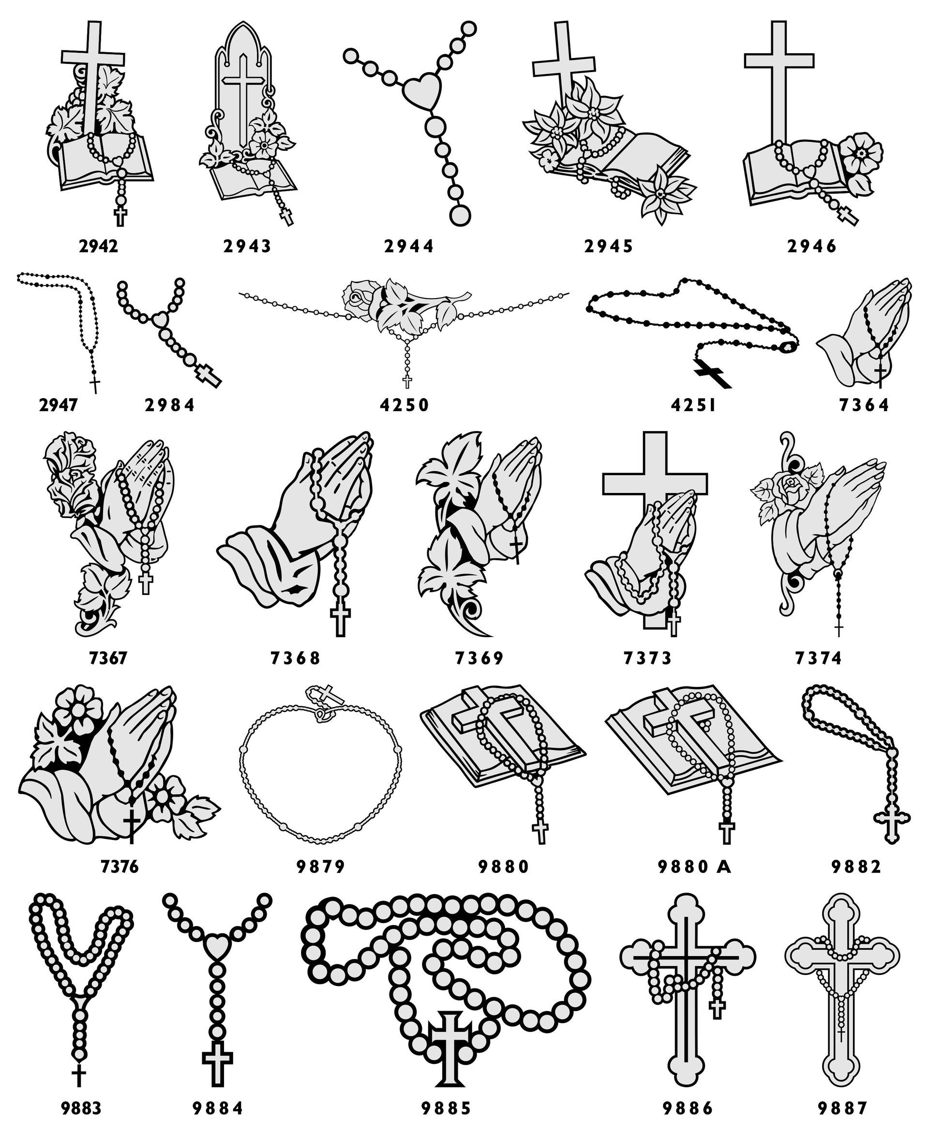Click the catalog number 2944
409,246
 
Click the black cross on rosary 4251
712,373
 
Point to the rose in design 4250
358,299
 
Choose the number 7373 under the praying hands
647,657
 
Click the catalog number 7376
120,866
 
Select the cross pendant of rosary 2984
209,375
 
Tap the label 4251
693,405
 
